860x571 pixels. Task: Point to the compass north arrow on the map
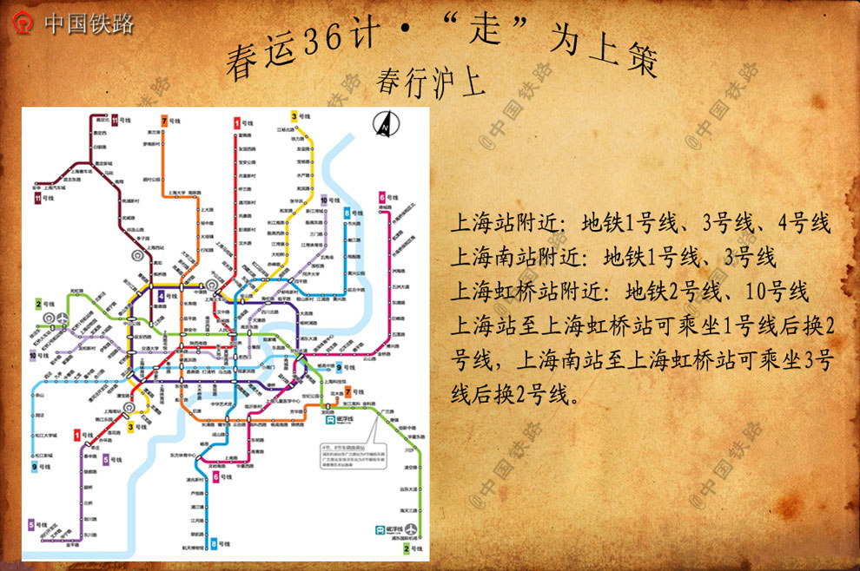click(x=383, y=125)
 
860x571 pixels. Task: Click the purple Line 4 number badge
click(x=162, y=297)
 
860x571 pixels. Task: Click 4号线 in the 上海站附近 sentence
click(x=804, y=223)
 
